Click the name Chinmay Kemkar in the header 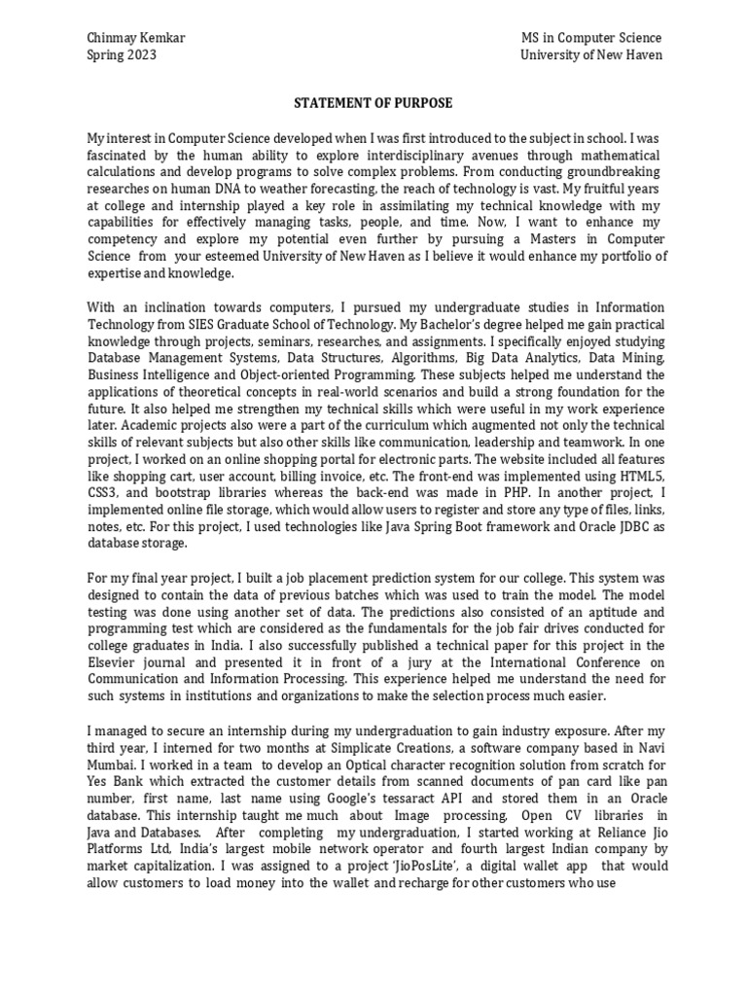(136, 38)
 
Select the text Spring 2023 (122, 55)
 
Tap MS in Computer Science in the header (591, 38)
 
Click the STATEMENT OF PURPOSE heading (374, 103)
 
